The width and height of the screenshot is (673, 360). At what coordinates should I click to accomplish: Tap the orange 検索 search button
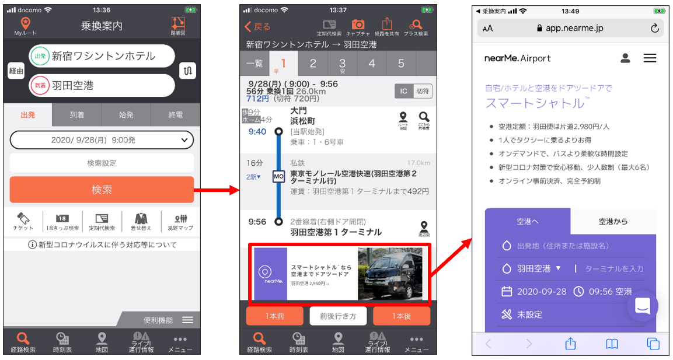click(x=102, y=190)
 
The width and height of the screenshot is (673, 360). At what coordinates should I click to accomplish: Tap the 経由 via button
click(x=16, y=71)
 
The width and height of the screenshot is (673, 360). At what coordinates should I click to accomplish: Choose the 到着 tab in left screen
click(x=76, y=115)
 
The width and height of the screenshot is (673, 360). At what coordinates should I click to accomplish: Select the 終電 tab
click(x=175, y=115)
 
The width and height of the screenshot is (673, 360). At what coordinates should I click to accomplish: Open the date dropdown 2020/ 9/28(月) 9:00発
click(x=102, y=140)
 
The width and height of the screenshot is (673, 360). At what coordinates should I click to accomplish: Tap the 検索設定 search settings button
click(x=102, y=163)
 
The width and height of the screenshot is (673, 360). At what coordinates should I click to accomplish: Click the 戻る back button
click(x=257, y=27)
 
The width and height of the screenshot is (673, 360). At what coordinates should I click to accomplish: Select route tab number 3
click(x=342, y=63)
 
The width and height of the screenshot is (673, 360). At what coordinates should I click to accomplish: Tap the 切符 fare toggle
click(x=423, y=91)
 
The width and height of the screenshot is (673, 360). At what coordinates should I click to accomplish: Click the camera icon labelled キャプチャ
click(x=358, y=26)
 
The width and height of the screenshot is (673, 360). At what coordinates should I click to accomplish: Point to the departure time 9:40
click(x=257, y=132)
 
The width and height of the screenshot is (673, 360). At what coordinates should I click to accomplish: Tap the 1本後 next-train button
click(x=401, y=316)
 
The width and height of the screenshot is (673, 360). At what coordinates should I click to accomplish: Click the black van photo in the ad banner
click(x=390, y=274)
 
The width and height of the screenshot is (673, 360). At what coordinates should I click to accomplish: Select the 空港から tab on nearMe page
click(x=613, y=222)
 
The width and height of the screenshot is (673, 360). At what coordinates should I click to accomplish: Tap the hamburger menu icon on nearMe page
click(x=650, y=58)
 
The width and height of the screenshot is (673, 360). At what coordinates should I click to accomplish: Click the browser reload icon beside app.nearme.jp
click(x=654, y=28)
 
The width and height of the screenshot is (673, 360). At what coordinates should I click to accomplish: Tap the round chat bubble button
click(x=643, y=305)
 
